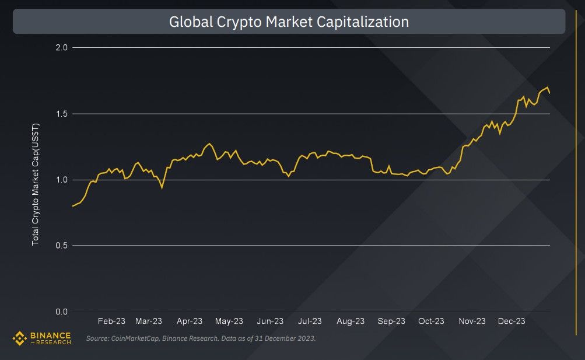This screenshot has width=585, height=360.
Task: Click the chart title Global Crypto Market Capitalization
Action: pyautogui.click(x=289, y=22)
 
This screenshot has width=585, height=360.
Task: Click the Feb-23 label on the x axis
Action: pyautogui.click(x=111, y=321)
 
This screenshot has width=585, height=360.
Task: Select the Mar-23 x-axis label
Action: pyautogui.click(x=149, y=321)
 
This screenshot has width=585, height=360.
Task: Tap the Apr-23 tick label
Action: pyautogui.click(x=190, y=321)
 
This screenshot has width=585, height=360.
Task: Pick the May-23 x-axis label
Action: pyautogui.click(x=229, y=321)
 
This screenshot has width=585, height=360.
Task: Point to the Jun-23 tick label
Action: pyautogui.click(x=270, y=321)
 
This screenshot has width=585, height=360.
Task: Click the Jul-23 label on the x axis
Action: pyautogui.click(x=310, y=321)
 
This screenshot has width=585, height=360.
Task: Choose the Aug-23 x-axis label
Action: pyautogui.click(x=351, y=321)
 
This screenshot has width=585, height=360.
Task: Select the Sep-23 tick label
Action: pyautogui.click(x=391, y=321)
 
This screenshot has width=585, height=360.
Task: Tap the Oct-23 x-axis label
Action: pyautogui.click(x=431, y=321)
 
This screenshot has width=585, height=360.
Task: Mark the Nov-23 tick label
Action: pyautogui.click(x=472, y=321)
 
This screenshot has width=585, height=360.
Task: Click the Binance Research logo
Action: pyautogui.click(x=42, y=338)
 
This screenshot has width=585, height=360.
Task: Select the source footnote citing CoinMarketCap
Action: pyautogui.click(x=201, y=338)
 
